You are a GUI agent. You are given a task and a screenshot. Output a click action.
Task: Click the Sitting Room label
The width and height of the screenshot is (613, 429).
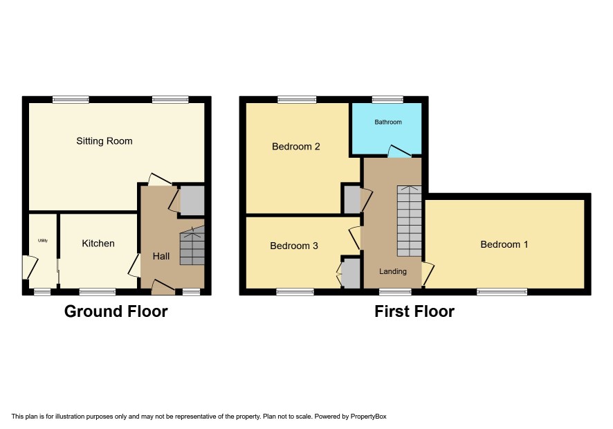pos(104,141)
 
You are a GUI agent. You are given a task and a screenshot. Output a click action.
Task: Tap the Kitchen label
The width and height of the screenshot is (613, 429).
pos(98,244)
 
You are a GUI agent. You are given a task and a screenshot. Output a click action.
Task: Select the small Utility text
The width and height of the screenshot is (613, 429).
pos(43,241)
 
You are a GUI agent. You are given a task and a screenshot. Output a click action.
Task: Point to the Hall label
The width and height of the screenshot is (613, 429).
pos(161,256)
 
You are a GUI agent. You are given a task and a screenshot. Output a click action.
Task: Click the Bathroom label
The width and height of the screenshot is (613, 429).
pos(388,122)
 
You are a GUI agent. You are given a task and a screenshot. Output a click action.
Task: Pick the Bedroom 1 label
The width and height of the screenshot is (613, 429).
pos(504,244)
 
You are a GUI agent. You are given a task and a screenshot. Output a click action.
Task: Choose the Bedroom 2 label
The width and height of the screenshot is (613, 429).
pos(296,147)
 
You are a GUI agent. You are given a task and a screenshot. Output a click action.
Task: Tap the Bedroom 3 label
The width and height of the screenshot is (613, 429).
pos(294,246)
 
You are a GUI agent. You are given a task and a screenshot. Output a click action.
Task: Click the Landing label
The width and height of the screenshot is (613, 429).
pos(393,271)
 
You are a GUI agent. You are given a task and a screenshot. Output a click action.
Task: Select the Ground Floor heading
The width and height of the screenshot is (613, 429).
pos(116,311)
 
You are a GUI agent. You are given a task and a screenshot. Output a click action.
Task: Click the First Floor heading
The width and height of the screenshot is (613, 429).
pos(414,311)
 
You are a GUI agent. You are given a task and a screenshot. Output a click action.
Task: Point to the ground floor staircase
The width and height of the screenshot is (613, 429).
pos(192,246)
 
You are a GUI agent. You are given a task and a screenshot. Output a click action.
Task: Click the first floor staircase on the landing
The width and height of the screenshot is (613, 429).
pos(410,221)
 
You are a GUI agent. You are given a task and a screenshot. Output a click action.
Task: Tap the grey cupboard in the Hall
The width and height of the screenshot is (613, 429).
pos(192,200)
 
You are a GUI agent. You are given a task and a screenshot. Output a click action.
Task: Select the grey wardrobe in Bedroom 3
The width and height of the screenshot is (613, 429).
pos(351,273)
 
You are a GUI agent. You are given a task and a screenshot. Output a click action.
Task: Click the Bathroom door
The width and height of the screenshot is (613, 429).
pos(399,152)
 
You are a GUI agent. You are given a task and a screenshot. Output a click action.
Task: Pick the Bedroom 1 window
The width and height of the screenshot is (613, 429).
pos(502,291)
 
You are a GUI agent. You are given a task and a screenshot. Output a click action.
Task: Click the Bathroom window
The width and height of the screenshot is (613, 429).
pos(387,100)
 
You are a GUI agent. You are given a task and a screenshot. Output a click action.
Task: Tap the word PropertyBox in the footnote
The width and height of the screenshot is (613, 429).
pos(368,417)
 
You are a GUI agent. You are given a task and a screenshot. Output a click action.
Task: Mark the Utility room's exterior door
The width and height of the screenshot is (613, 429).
pos(29,266)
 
